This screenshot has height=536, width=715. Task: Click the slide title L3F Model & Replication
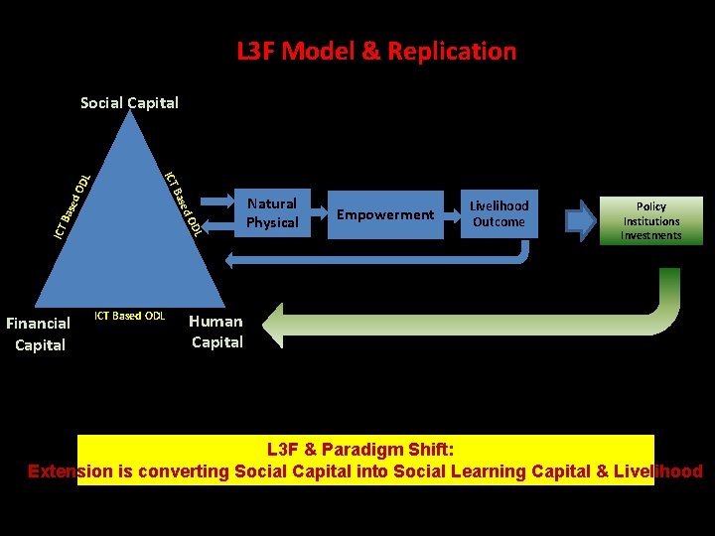coord(376,51)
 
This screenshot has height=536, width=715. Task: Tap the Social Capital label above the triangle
coord(129,102)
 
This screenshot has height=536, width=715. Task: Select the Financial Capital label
coord(39,334)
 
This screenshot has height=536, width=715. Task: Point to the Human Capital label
coord(216,332)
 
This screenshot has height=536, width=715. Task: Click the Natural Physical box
coord(272,213)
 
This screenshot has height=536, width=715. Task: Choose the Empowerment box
coord(385,214)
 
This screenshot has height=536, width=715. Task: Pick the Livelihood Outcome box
coord(499,213)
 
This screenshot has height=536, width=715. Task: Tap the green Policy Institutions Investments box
coord(651,220)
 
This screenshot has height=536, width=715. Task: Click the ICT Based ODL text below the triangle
coord(129,316)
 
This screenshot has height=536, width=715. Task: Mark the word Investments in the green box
coord(651,235)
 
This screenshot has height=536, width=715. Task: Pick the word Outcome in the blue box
coord(499,222)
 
